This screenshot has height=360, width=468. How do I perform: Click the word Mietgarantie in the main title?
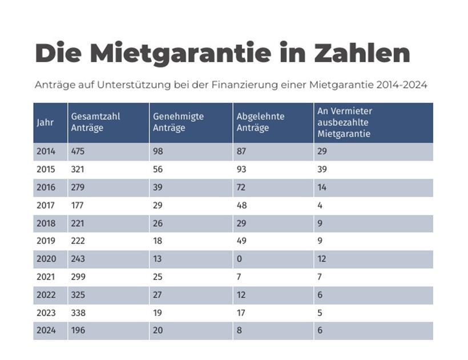[x=180, y=53]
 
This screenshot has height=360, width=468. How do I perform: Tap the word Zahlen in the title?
[x=362, y=53]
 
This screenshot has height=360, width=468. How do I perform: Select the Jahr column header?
[x=45, y=123]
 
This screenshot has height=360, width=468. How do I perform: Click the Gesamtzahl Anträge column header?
[x=95, y=122]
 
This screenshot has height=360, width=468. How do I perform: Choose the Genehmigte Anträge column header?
[x=178, y=122]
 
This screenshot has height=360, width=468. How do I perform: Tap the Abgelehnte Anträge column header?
[x=261, y=122]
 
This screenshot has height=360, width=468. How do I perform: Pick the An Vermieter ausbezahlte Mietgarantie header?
[x=344, y=122]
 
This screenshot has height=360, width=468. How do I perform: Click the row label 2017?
[x=46, y=205]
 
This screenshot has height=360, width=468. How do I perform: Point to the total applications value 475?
[x=78, y=152]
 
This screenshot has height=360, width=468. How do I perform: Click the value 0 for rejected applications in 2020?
[x=239, y=259]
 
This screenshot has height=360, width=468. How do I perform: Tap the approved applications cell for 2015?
[x=158, y=170]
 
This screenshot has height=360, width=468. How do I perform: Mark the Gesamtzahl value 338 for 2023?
[x=78, y=313]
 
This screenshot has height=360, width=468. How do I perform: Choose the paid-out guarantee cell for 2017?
[x=320, y=205]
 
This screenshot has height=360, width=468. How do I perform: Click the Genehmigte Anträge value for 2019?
[x=158, y=241]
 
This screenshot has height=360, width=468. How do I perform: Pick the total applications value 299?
[x=78, y=277]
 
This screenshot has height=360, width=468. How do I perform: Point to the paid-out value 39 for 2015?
[x=323, y=170]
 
